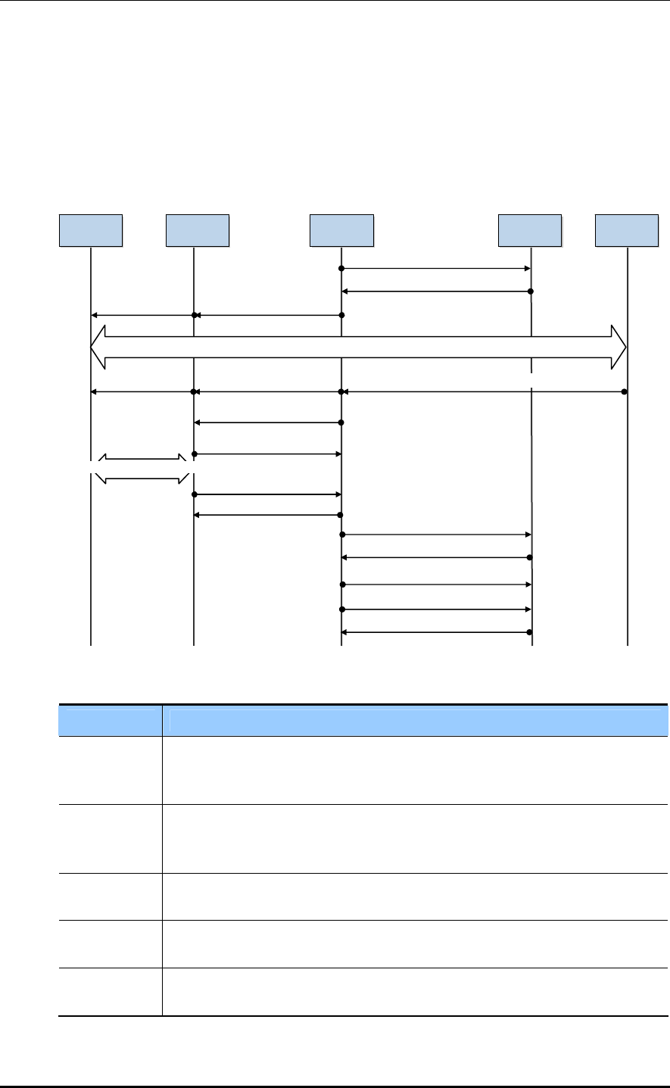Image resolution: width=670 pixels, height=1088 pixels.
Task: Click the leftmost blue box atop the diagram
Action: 91,231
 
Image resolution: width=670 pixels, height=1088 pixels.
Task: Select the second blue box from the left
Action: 197,231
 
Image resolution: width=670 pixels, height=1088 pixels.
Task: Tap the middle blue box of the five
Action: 341,231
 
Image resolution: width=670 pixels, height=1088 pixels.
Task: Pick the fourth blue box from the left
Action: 530,231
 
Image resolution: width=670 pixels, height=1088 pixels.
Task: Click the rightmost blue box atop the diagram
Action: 627,231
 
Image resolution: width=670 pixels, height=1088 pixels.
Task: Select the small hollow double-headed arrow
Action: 142,469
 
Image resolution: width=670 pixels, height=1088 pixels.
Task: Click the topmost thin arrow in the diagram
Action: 435,269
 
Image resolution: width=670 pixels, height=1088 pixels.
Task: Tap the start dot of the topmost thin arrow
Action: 341,269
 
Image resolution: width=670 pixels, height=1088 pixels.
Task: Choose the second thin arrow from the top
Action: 435,291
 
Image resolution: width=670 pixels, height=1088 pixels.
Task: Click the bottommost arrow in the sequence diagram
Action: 435,632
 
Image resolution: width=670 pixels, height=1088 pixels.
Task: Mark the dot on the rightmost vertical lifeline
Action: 624,391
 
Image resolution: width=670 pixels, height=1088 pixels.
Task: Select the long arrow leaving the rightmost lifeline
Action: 485,391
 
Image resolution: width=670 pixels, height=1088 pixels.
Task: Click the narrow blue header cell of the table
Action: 110,721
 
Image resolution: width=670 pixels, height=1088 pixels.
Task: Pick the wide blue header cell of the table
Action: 416,721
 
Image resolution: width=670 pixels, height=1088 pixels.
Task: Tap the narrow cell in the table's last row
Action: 110,992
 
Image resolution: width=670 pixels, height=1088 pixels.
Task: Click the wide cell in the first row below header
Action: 416,770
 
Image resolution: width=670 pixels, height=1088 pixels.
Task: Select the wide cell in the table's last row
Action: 416,992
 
